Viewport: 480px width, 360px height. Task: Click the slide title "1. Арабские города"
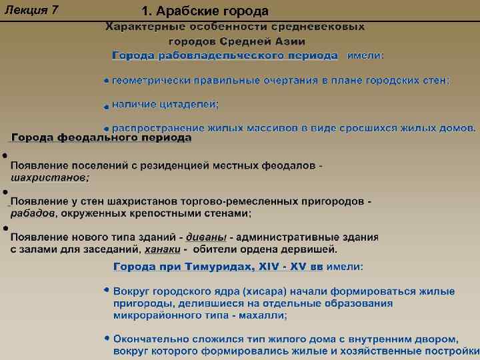[x=205, y=11]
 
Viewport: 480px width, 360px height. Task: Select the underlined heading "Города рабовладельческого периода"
[x=225, y=55]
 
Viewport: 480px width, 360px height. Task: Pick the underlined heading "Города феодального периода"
[x=101, y=138]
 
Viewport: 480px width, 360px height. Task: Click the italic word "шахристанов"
[x=49, y=178]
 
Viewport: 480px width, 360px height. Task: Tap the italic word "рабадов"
[x=32, y=213]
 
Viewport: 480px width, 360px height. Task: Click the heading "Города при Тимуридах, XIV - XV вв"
[x=218, y=267]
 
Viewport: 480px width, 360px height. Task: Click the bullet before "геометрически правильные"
[x=107, y=81]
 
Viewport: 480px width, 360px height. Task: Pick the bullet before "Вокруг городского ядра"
[x=107, y=291]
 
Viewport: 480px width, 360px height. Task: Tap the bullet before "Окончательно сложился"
[x=107, y=337]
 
